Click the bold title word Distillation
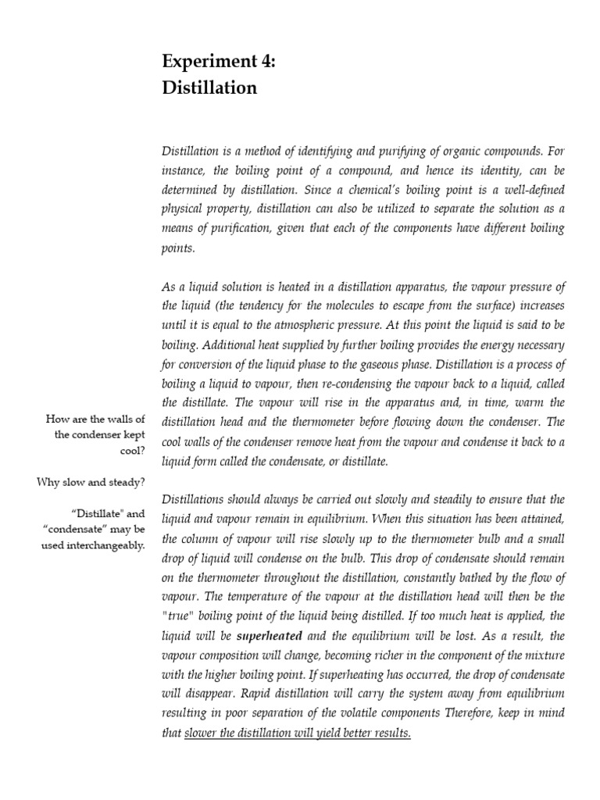click(209, 87)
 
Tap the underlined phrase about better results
click(297, 734)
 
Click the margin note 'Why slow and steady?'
click(91, 482)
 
